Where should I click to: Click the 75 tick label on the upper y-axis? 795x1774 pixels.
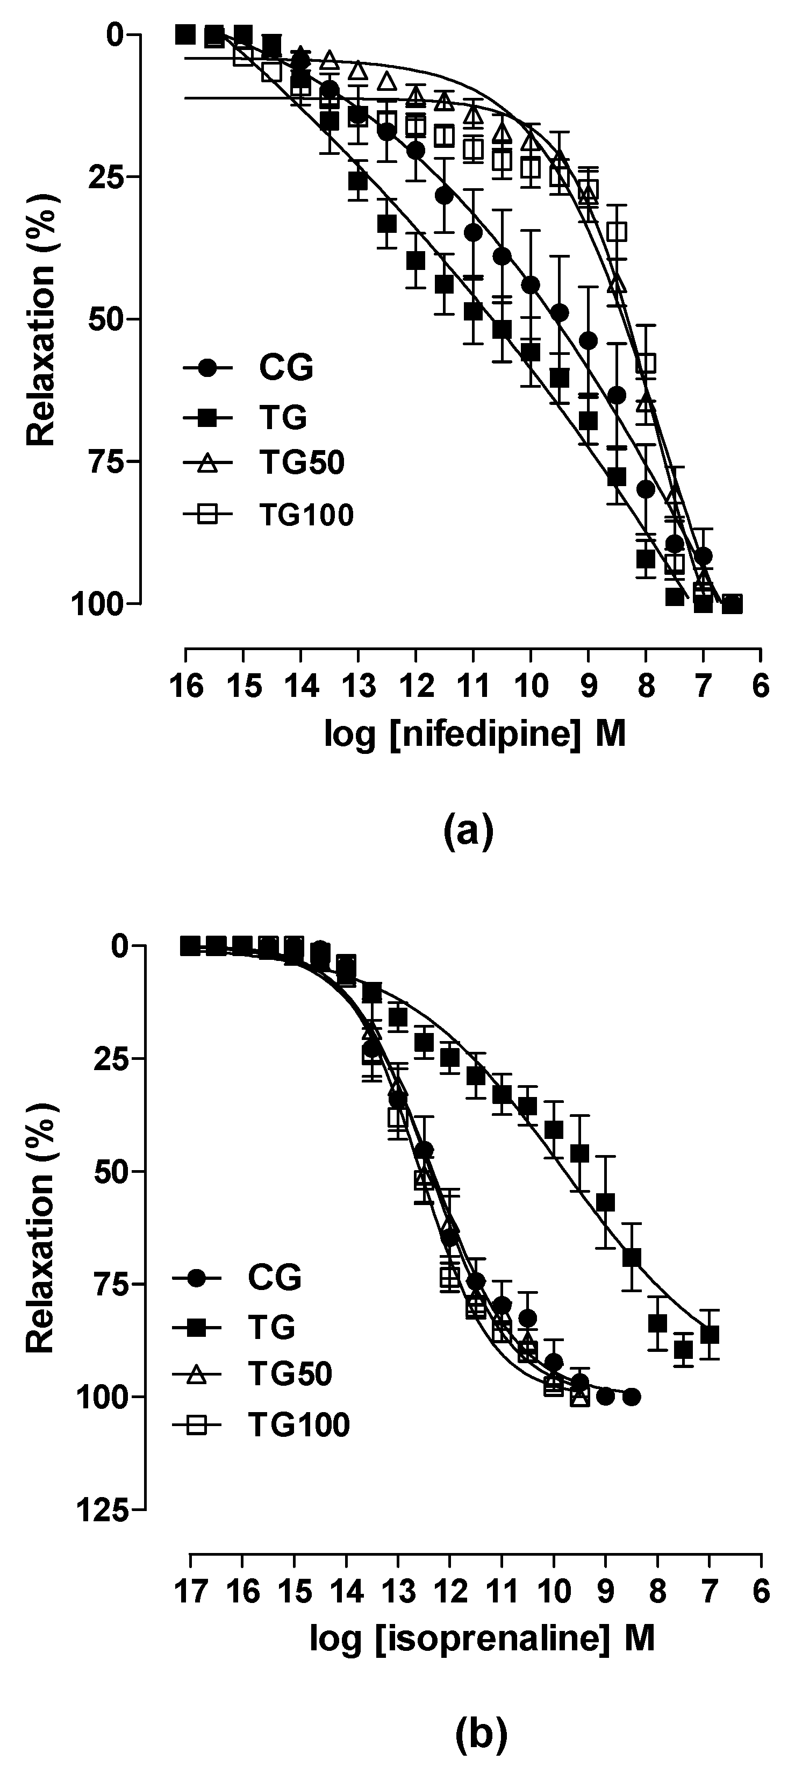pos(104,461)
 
